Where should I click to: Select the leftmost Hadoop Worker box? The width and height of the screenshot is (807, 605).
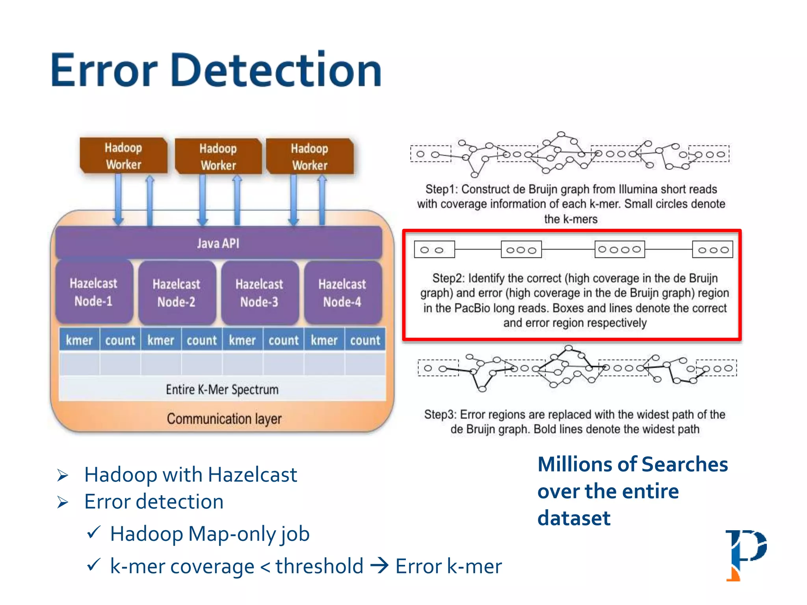coord(123,156)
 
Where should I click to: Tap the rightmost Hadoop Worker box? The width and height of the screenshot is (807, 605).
coord(310,156)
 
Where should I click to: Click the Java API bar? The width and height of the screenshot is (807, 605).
coord(218,243)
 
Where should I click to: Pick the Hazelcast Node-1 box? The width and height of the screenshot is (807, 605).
coord(94,292)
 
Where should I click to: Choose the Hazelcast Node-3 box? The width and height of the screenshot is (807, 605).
coord(259,293)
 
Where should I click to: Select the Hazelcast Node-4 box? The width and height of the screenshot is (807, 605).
coord(342,293)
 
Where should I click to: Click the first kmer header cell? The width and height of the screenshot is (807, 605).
coord(79,340)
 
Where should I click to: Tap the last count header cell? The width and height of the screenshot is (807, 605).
coord(365,340)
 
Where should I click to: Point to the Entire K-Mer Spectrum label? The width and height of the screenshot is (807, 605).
coord(222,389)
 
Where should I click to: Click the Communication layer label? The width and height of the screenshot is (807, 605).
coord(224,418)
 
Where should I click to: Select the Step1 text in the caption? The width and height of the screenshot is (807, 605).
coord(441,189)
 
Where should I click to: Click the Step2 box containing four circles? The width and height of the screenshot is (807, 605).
coord(619,249)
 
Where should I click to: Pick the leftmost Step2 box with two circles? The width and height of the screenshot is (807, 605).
coord(434,250)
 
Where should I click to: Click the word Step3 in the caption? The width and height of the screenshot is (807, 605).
coord(440,414)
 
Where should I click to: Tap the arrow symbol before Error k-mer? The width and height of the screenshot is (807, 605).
coord(379,566)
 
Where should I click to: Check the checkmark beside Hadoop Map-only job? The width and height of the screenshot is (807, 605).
coord(94,533)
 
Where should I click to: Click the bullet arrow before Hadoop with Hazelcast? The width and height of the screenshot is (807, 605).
coord(63,475)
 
